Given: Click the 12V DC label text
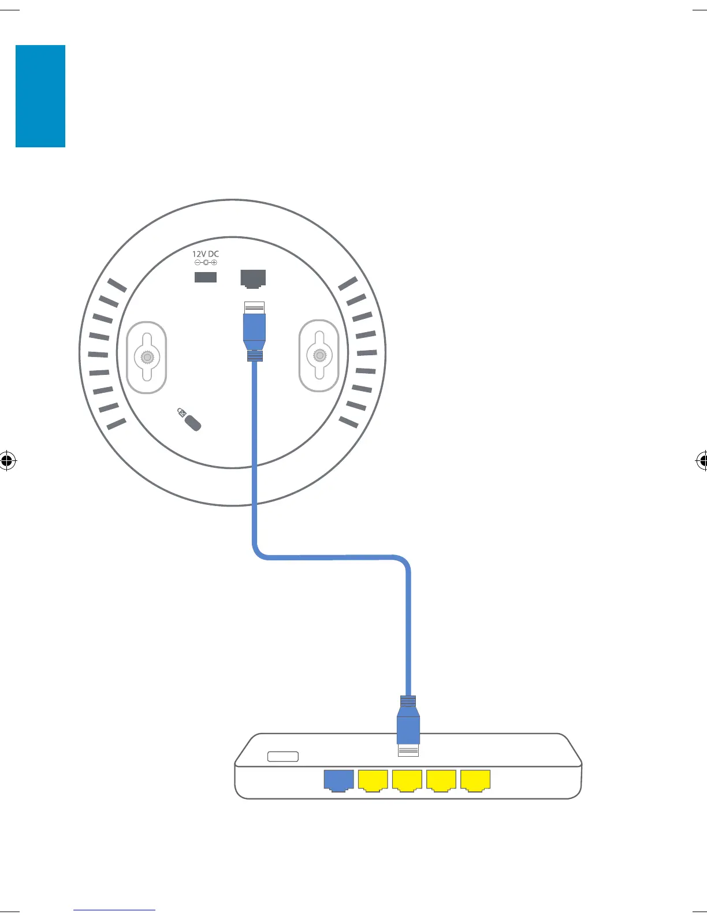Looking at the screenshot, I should tap(206, 254).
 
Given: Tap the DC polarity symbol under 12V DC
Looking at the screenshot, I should tap(206, 263).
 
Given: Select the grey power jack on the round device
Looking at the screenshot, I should tap(206, 277).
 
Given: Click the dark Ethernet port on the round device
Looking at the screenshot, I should tap(253, 278).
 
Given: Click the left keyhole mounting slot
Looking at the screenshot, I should tap(147, 358).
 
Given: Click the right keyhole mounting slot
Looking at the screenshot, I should tap(319, 355).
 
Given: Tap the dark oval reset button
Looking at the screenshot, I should tap(193, 423).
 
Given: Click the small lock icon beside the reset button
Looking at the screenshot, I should tap(181, 412).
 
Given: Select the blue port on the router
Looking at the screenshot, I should tap(338, 780).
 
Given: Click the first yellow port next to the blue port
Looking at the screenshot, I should tap(373, 780).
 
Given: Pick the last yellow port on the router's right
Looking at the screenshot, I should tap(475, 780).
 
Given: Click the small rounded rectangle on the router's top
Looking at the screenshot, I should tap(283, 757).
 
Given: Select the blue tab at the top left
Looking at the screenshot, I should tap(40, 96).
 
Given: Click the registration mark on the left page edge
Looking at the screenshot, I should tap(7, 461).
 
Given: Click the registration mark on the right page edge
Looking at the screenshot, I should tap(701, 461).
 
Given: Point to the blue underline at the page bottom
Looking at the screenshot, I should tap(114, 910).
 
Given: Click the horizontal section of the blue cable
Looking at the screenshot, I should tap(332, 557).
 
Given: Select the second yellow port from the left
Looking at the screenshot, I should tap(407, 780).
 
